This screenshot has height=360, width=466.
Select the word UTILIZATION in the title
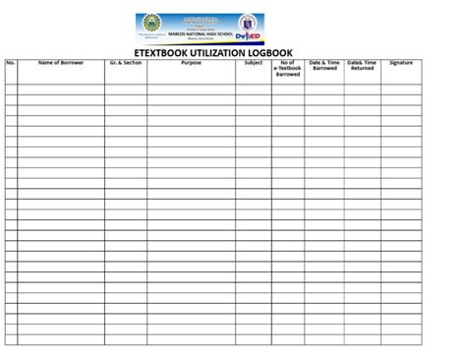tap(231, 51)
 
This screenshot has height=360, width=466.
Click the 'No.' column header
tap(11, 63)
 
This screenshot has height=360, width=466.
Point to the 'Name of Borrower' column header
tap(60, 63)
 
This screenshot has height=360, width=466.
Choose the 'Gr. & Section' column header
tap(126, 63)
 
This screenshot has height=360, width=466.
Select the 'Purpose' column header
tap(191, 63)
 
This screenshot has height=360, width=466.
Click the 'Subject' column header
tap(254, 63)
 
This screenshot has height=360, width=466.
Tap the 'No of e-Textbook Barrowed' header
tap(288, 68)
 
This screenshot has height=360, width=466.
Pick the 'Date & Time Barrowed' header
tap(323, 66)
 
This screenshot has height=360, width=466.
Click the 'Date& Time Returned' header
tap(362, 66)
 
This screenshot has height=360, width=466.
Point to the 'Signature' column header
tap(401, 63)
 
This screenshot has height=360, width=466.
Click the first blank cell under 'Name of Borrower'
tap(60, 82)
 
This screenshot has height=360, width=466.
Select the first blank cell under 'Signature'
tap(401, 82)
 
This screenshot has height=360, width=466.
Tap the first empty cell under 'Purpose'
tap(191, 82)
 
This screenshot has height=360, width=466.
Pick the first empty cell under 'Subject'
tap(254, 82)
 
